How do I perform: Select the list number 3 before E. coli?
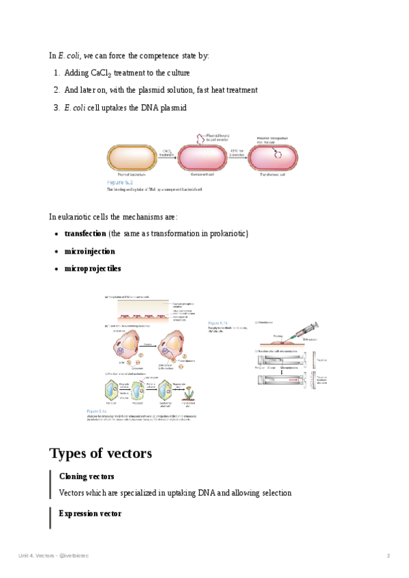tap(56, 108)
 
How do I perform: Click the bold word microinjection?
tap(89, 252)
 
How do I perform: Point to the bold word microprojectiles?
tap(92, 269)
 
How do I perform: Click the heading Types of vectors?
tap(100, 453)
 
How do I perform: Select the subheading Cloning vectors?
tap(87, 476)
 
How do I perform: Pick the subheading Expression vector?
tap(90, 513)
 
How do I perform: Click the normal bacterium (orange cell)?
tap(133, 158)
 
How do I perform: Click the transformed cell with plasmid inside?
tap(272, 158)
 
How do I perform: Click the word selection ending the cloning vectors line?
tap(274, 493)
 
